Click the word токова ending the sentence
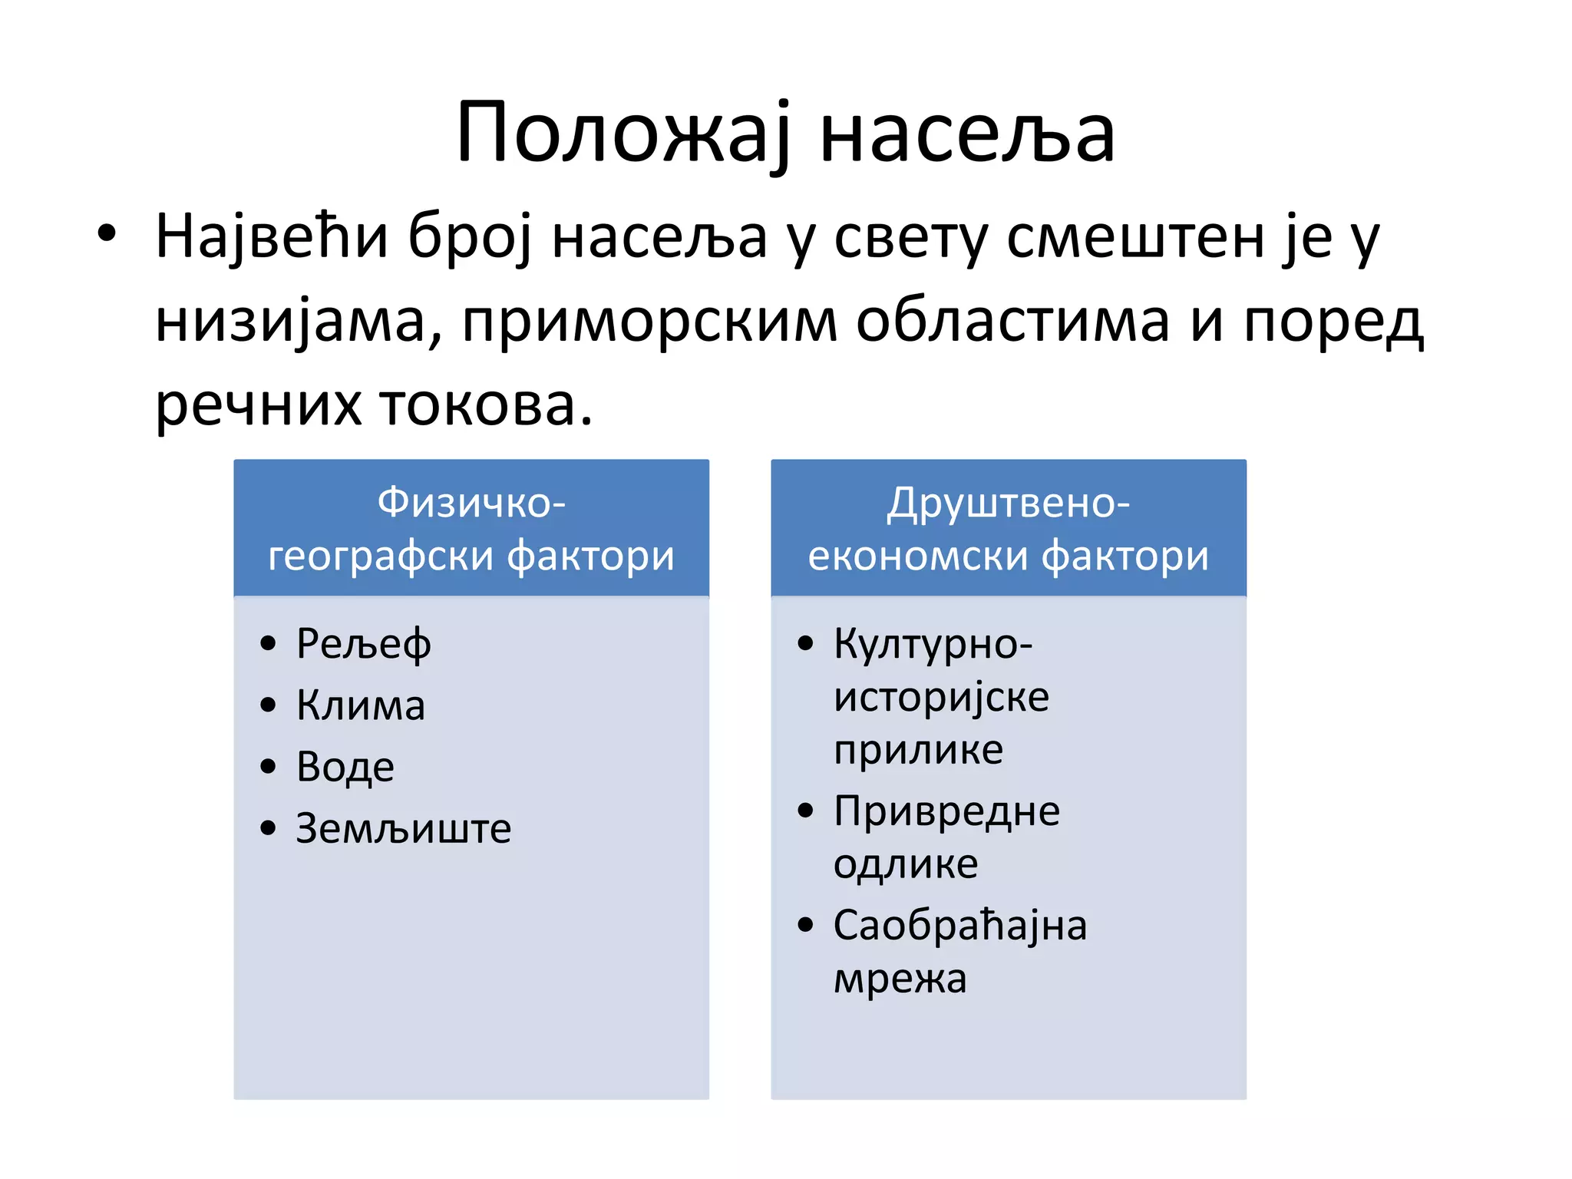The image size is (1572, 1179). tap(485, 405)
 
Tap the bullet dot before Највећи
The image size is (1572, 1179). tap(107, 233)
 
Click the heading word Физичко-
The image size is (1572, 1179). tap(471, 504)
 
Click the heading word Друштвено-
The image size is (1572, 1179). tap(1008, 504)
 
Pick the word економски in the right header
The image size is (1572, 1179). tap(916, 556)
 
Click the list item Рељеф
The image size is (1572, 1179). tap(363, 644)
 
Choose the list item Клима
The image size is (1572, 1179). tap(361, 705)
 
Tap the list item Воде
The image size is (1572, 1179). tap(345, 767)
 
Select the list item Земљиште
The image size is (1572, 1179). tap(404, 829)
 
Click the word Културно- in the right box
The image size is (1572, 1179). tap(933, 644)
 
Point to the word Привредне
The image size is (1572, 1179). tap(946, 812)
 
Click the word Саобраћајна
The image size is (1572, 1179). tap(959, 926)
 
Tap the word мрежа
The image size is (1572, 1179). tap(900, 979)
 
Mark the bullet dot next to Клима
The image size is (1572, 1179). tap(268, 705)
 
